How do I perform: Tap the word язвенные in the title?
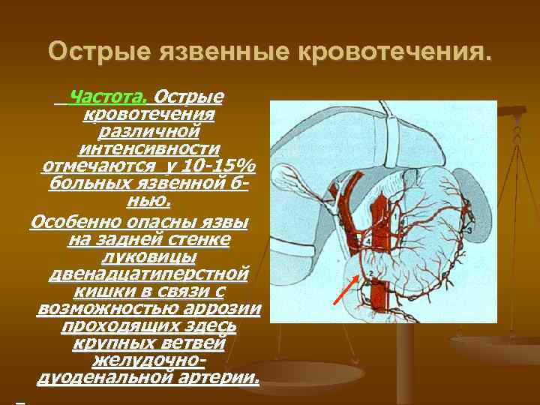point(225,52)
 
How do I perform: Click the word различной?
point(149,131)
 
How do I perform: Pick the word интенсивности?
point(149,148)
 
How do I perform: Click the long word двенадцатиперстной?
point(149,274)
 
